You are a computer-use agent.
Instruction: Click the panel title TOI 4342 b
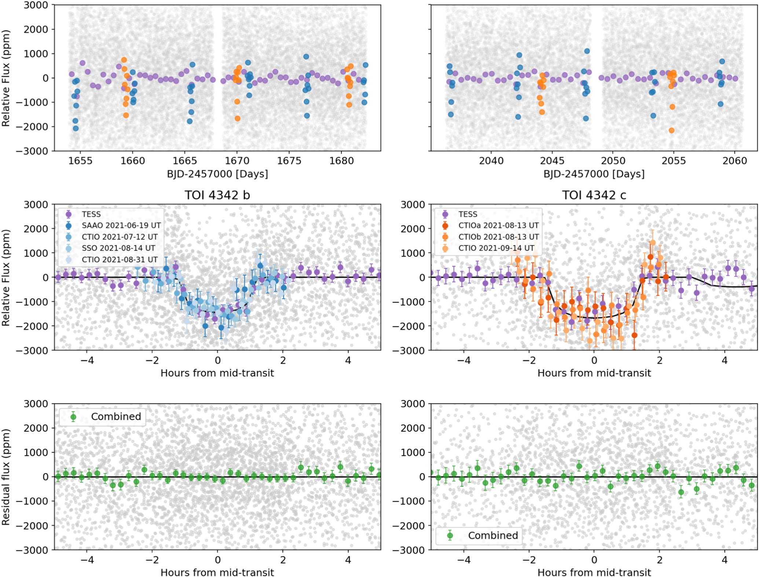coord(217,195)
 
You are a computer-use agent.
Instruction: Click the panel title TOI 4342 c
coord(594,195)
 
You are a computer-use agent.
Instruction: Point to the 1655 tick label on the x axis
coord(80,161)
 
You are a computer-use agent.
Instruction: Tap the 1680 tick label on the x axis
coord(341,161)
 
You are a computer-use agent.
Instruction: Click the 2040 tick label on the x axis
coord(491,161)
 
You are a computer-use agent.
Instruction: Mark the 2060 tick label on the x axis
coord(735,161)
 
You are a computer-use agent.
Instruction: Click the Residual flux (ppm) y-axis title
coord(6,477)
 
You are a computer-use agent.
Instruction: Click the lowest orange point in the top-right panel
coord(671,130)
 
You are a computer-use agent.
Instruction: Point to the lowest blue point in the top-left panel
coord(76,128)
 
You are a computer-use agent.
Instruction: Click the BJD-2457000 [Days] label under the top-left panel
coord(217,174)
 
